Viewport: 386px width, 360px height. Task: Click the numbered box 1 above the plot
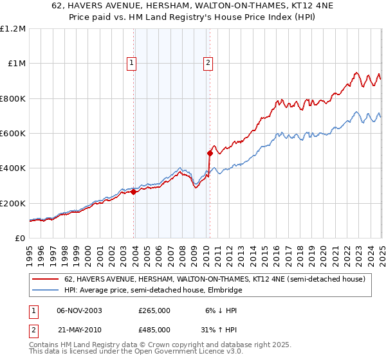pyautogui.click(x=132, y=63)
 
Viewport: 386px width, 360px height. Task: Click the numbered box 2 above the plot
pyautogui.click(x=209, y=63)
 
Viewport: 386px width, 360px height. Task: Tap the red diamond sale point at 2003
pyautogui.click(x=133, y=192)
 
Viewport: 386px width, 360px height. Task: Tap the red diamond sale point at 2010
pyautogui.click(x=210, y=153)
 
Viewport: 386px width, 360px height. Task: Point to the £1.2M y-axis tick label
pyautogui.click(x=14, y=29)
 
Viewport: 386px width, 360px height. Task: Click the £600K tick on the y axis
pyautogui.click(x=14, y=134)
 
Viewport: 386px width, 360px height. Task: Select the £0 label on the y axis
pyautogui.click(x=20, y=239)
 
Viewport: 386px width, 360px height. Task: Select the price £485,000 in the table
pyautogui.click(x=154, y=330)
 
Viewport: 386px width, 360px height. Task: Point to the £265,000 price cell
pyautogui.click(x=154, y=310)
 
